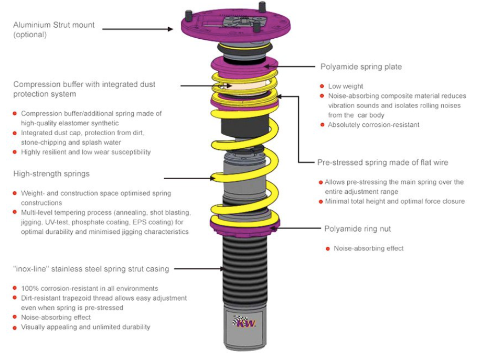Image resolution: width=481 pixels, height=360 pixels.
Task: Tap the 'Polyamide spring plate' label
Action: tap(362, 67)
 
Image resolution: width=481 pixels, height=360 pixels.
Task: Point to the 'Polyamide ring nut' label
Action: tap(357, 228)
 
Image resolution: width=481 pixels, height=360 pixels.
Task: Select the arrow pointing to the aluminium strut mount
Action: tap(137, 29)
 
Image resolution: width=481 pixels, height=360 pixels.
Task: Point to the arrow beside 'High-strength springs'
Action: tap(189, 178)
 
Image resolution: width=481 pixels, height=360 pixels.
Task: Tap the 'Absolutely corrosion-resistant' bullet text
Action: tap(373, 125)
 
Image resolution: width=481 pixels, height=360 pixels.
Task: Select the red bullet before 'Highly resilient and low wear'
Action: tap(15, 152)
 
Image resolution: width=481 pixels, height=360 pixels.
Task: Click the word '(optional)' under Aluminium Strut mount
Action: tap(30, 35)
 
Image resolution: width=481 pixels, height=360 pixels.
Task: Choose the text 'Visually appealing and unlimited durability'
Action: tap(85, 327)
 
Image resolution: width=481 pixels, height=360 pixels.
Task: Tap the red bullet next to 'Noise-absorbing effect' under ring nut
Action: tap(327, 248)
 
